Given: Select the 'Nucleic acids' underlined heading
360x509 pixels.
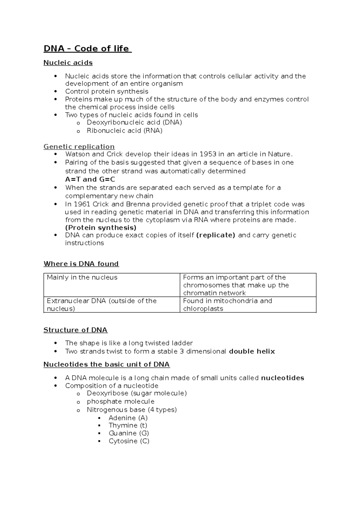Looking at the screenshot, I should pyautogui.click(x=68, y=63).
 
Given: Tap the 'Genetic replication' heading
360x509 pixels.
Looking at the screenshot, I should pyautogui.click(x=79, y=147).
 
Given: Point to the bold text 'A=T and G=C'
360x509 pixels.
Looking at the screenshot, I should pyautogui.click(x=90, y=179).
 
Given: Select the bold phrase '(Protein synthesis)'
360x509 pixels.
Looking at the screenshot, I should pyautogui.click(x=101, y=227).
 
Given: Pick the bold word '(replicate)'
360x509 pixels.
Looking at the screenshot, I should pyautogui.click(x=215, y=235).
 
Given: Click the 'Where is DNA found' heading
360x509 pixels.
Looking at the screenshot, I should pyautogui.click(x=81, y=264).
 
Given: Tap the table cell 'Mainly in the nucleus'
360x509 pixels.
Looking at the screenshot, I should pyautogui.click(x=82, y=278).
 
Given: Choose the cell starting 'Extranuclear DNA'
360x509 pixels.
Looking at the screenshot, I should pyautogui.click(x=102, y=305).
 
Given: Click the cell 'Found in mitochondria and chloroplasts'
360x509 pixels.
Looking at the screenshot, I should pyautogui.click(x=227, y=305).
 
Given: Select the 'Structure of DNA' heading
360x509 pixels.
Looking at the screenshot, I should pyautogui.click(x=76, y=330).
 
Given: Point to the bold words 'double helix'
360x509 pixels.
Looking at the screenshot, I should pyautogui.click(x=252, y=351).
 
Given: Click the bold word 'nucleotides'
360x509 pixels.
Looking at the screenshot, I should pyautogui.click(x=283, y=378).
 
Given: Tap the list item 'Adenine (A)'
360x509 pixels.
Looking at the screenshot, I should pyautogui.click(x=128, y=418).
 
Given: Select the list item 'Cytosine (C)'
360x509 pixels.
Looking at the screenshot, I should pyautogui.click(x=129, y=441).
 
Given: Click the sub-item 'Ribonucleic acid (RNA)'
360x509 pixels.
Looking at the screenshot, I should pyautogui.click(x=124, y=131).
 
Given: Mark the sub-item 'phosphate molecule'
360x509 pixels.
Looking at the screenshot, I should pyautogui.click(x=121, y=402).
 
